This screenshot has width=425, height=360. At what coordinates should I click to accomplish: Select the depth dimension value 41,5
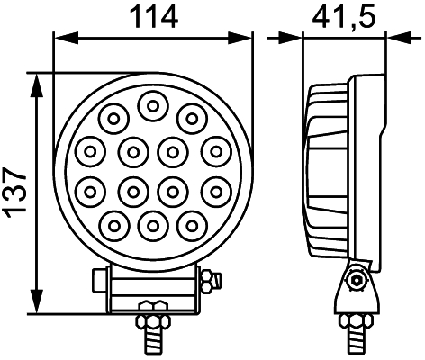(x=343, y=15)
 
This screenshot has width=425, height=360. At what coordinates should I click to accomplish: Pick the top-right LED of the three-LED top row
(x=190, y=115)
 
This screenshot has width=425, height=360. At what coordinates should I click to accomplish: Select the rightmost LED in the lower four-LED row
(x=214, y=189)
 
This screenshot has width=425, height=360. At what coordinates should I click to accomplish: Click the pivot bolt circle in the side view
(x=357, y=280)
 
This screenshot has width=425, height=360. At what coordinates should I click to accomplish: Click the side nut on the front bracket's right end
(x=211, y=283)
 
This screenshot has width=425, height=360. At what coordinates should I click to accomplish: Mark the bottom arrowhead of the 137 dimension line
(x=37, y=306)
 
